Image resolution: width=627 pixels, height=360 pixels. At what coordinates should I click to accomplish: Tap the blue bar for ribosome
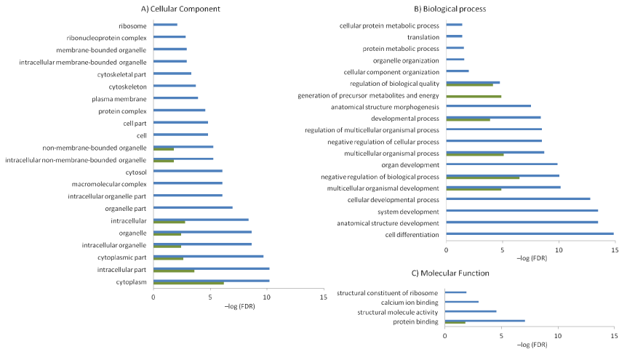coord(165,25)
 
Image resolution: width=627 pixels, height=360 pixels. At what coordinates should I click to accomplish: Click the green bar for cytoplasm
coord(188,283)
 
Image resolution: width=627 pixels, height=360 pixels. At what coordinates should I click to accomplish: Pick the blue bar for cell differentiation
coord(530,234)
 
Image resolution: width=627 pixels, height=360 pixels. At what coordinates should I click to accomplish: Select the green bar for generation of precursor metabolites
coord(474,96)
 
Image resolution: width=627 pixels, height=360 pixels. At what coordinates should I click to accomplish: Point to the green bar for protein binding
coord(455,322)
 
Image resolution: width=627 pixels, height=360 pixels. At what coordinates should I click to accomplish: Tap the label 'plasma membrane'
coord(119,98)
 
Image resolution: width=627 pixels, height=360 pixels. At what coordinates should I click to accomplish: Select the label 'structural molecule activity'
coord(398,311)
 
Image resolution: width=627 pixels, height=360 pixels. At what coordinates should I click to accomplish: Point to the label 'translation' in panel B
coord(423,36)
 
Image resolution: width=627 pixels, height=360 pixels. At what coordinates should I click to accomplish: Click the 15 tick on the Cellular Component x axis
coord(324,297)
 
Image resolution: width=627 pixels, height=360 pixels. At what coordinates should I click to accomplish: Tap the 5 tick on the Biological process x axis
coord(503,249)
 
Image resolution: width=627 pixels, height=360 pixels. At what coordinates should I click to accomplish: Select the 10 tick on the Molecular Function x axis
coord(558,336)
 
